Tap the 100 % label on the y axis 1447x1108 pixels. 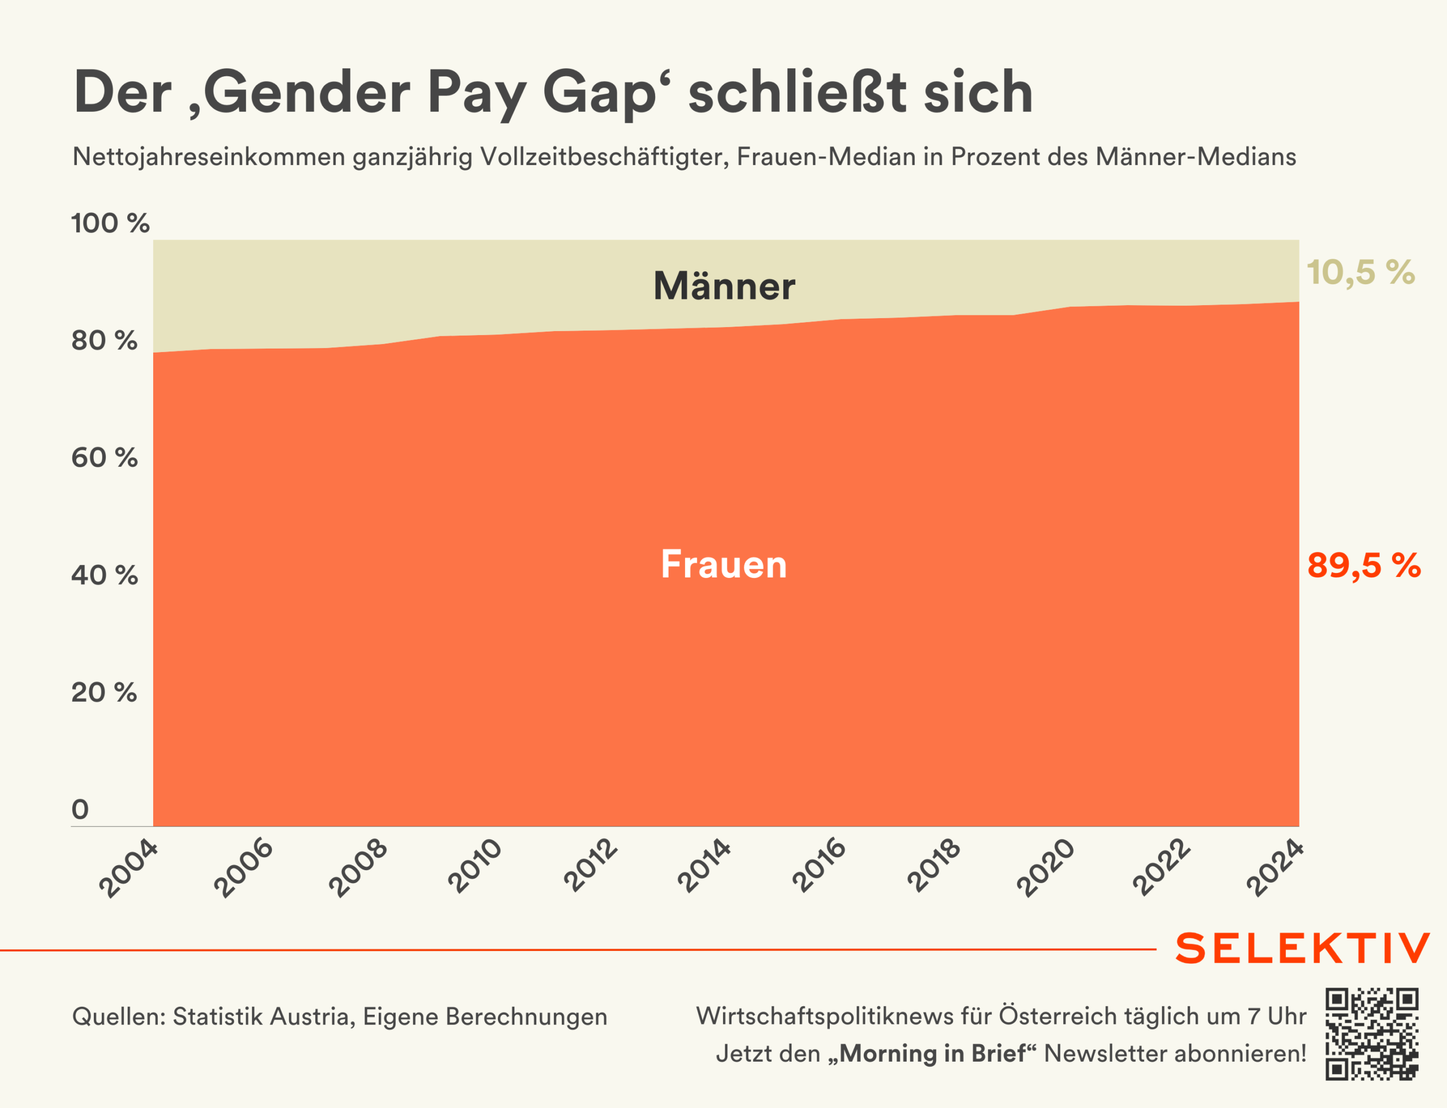tap(110, 224)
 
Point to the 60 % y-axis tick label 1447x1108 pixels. tap(104, 458)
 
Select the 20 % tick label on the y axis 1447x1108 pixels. tap(104, 693)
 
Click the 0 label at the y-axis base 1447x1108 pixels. tap(80, 809)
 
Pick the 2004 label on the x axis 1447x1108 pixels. tap(129, 868)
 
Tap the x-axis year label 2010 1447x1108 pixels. tap(474, 866)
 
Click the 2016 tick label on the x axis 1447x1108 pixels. tap(819, 866)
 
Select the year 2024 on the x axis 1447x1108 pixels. tap(1275, 868)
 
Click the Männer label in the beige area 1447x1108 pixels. tap(724, 286)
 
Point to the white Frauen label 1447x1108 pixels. tap(724, 564)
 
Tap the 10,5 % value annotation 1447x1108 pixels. tap(1360, 272)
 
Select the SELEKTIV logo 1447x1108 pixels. tap(1302, 949)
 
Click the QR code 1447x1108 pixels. tap(1372, 1033)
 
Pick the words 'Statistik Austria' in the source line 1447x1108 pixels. tap(263, 1016)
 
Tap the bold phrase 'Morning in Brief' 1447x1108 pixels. tap(932, 1053)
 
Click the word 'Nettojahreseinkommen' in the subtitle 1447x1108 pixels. tap(209, 157)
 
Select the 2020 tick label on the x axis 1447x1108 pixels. tap(1046, 867)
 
